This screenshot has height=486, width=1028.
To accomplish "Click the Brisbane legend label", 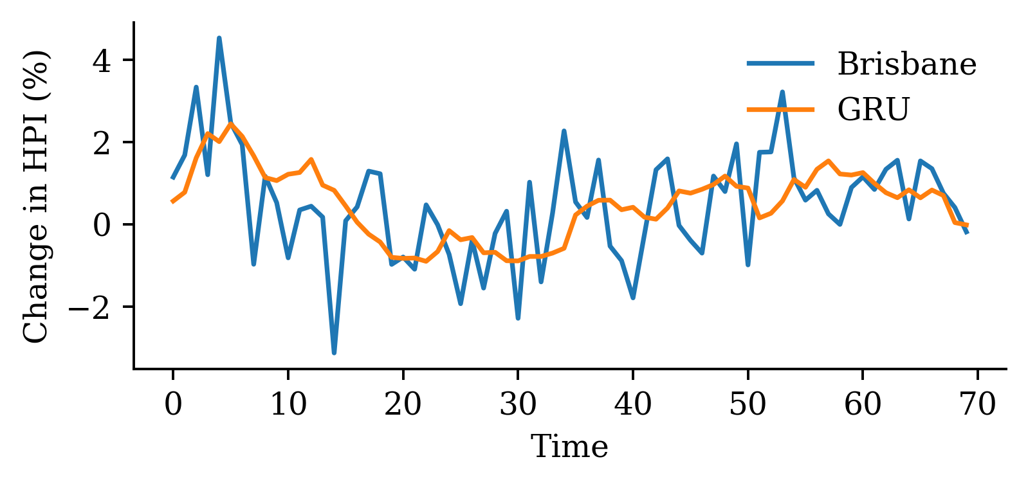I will tap(906, 64).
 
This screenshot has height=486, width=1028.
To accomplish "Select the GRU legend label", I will tap(873, 109).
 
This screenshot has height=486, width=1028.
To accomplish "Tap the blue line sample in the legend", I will tap(781, 64).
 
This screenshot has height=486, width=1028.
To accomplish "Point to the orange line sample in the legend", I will tap(781, 109).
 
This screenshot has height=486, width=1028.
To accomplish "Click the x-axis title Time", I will tap(569, 447).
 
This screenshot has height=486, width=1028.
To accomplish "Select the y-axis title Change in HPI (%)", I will tap(36, 196).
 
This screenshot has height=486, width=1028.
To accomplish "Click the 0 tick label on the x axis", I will tap(173, 405).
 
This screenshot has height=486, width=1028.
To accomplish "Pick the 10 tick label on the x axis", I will tap(288, 405).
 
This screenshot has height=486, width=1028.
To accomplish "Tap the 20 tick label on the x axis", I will tap(403, 405).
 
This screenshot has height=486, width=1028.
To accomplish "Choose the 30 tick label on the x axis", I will tap(518, 405).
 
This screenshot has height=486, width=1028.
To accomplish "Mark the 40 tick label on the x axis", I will tap(633, 405).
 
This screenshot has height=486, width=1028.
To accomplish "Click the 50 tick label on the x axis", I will tap(748, 405).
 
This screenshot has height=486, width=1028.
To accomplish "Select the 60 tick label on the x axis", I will tap(863, 405).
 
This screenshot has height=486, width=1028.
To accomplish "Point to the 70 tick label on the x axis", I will tap(978, 405).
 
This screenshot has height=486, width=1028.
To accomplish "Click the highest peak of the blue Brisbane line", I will tap(219, 38).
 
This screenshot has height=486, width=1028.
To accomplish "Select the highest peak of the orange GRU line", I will tap(230, 123).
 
